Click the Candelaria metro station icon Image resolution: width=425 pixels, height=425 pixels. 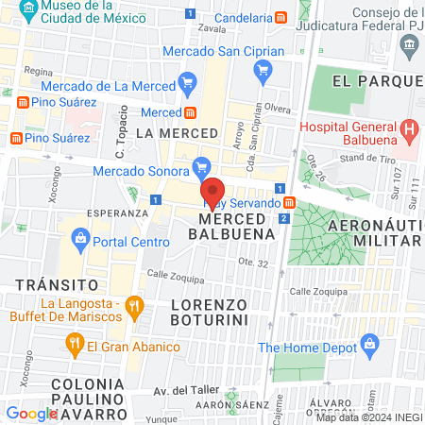(281, 18)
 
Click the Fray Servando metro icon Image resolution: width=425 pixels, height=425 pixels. (289, 202)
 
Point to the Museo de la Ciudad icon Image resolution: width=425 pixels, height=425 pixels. (27, 12)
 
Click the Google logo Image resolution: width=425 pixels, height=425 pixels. (31, 413)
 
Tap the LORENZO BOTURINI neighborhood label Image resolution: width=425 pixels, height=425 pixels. (210, 313)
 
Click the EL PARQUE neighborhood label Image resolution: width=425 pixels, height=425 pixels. (374, 82)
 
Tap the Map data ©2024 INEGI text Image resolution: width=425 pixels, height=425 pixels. (369, 416)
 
